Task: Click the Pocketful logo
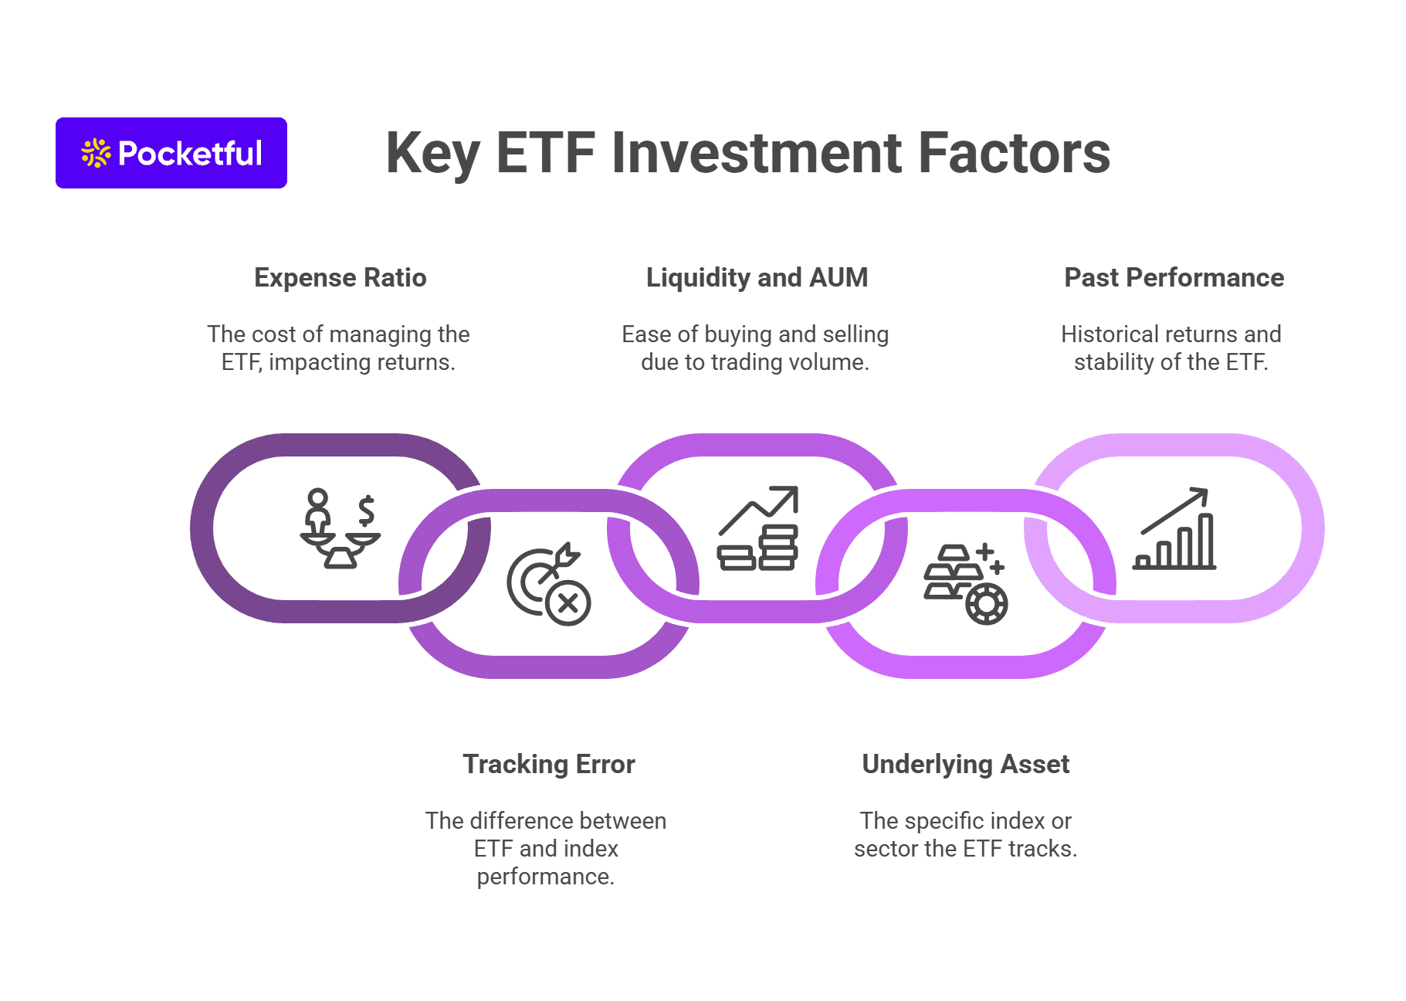171,153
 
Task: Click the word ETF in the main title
545,153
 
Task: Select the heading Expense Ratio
340,277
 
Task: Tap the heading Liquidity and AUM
757,277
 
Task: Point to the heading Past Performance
1174,277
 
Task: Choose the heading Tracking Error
548,764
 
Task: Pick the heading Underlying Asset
965,764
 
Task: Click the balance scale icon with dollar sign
340,528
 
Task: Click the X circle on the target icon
568,602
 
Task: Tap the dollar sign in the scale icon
367,510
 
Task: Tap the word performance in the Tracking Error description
545,877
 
